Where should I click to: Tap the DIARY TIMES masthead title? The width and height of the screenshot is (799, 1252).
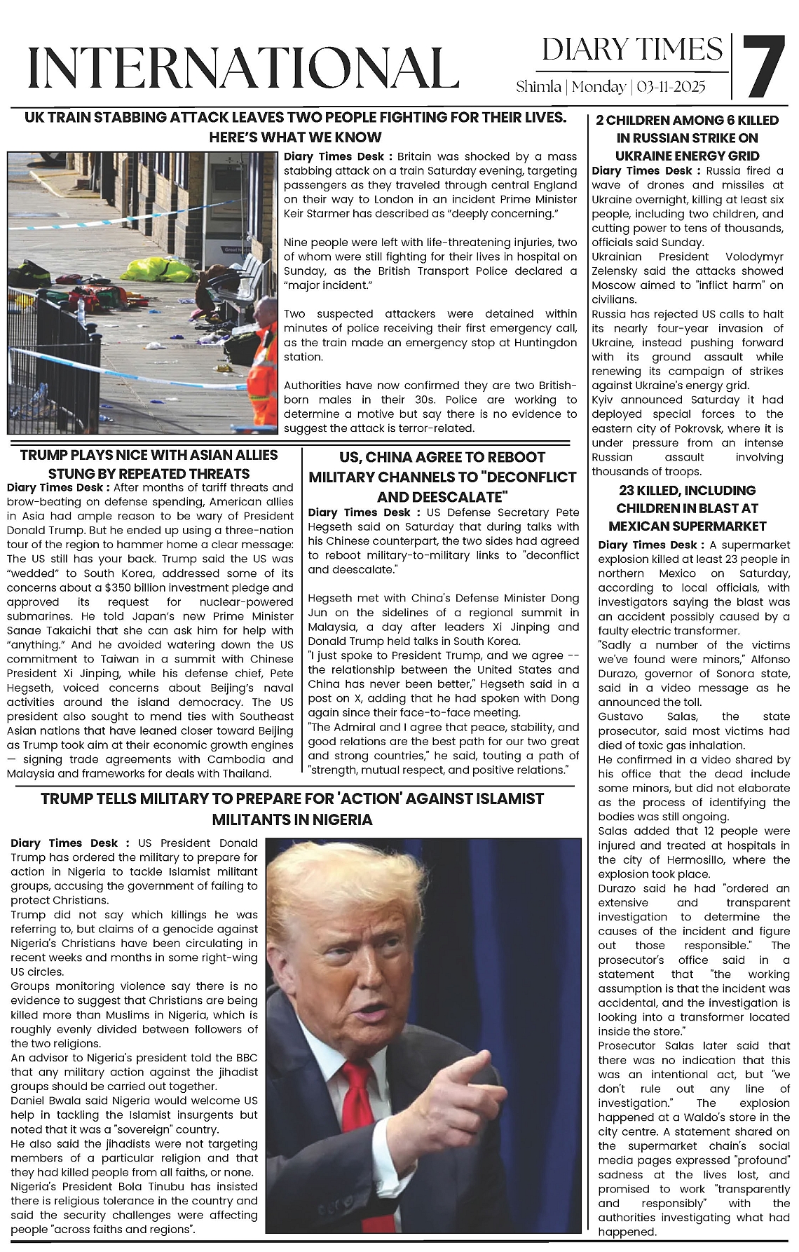click(x=632, y=50)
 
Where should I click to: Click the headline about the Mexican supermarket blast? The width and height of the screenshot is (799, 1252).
click(x=687, y=508)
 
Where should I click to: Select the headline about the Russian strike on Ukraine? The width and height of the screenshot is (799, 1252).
click(x=687, y=138)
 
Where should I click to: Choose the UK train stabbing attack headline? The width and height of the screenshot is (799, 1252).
click(x=294, y=127)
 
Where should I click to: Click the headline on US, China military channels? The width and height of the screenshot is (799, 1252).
click(x=442, y=477)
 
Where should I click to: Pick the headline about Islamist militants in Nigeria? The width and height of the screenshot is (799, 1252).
click(x=292, y=809)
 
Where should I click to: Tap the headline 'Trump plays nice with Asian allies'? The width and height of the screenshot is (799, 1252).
click(x=149, y=464)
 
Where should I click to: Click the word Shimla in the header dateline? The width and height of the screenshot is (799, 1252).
click(x=538, y=87)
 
